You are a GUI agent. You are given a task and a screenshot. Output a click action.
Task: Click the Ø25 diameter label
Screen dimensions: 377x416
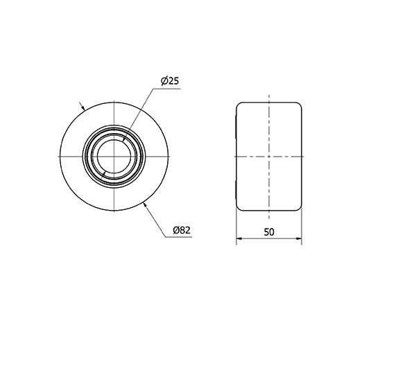click(x=170, y=81)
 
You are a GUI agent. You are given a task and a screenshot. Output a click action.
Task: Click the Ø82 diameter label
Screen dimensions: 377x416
click(x=182, y=229)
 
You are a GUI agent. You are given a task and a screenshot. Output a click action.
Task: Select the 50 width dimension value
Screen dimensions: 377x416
click(x=269, y=233)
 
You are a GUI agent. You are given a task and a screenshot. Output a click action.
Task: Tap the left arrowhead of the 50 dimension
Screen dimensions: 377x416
click(x=239, y=240)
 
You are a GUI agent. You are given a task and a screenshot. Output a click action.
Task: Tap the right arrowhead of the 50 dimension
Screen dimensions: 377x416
click(x=299, y=240)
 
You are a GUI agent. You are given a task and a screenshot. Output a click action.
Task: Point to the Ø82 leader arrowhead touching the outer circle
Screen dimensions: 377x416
click(x=144, y=204)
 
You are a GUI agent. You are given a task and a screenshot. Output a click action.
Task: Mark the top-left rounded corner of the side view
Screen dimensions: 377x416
click(x=240, y=105)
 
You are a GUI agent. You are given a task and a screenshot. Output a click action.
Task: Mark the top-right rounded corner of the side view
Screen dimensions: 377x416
click(x=299, y=105)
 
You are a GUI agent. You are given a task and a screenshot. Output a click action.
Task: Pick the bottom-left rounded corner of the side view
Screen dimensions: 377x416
click(x=240, y=207)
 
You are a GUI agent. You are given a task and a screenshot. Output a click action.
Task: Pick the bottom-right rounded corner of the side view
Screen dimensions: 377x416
click(x=299, y=207)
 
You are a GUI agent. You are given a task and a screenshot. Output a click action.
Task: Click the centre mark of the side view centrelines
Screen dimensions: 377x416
click(x=269, y=156)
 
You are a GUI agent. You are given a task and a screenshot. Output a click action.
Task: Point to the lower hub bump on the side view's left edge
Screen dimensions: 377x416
click(x=236, y=186)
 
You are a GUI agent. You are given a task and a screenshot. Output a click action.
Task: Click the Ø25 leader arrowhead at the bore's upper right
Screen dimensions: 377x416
click(x=125, y=139)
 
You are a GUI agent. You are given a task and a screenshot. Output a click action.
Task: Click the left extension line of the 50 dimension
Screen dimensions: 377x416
click(x=236, y=225)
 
